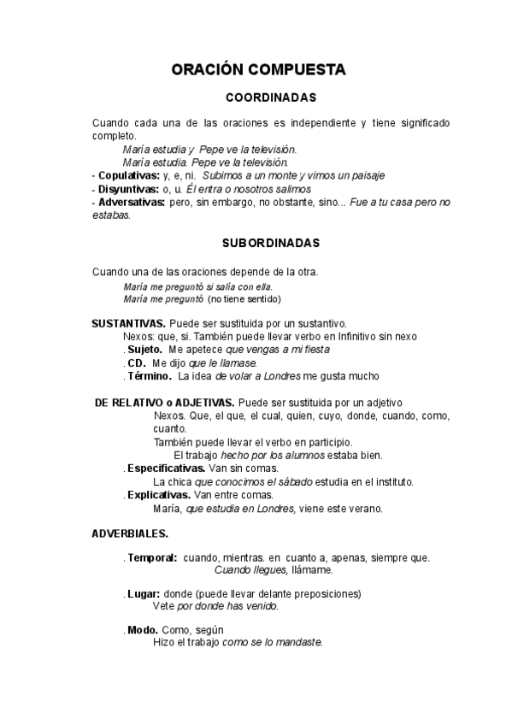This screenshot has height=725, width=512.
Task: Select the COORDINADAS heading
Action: (270, 97)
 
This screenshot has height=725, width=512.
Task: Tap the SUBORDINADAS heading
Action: (271, 243)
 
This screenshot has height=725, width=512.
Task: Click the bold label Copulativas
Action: (131, 174)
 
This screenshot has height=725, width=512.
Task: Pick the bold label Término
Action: (150, 375)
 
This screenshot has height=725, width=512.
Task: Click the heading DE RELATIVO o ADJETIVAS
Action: (166, 402)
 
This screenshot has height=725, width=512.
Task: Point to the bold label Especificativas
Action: (166, 469)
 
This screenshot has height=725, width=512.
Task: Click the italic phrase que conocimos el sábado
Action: (244, 481)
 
